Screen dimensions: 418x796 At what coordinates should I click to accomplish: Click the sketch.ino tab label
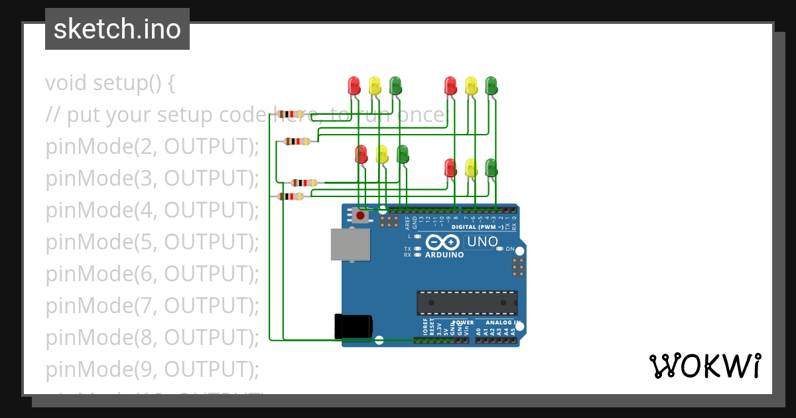coord(117,29)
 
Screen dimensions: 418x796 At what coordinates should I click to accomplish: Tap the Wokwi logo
coord(704,366)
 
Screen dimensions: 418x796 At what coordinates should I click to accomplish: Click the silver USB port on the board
coord(350,244)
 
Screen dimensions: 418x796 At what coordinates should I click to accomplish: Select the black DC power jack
coord(353,326)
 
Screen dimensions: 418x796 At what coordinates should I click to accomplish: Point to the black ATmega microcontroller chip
coord(467,303)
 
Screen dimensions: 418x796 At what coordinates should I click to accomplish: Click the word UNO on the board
coord(482,242)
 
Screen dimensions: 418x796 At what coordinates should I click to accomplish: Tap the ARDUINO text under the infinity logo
coord(444,255)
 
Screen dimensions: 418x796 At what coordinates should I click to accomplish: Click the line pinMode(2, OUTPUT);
coord(152,147)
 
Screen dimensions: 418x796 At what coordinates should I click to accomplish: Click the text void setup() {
coord(110,83)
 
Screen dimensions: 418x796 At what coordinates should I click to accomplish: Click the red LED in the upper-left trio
coord(354,85)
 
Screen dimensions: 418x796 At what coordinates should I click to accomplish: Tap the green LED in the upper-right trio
coord(491,85)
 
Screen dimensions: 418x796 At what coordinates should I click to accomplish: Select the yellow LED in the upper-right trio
coord(471,85)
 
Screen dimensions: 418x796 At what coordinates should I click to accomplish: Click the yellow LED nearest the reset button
coord(382,154)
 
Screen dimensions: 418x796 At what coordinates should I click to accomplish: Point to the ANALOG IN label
coord(497,322)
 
